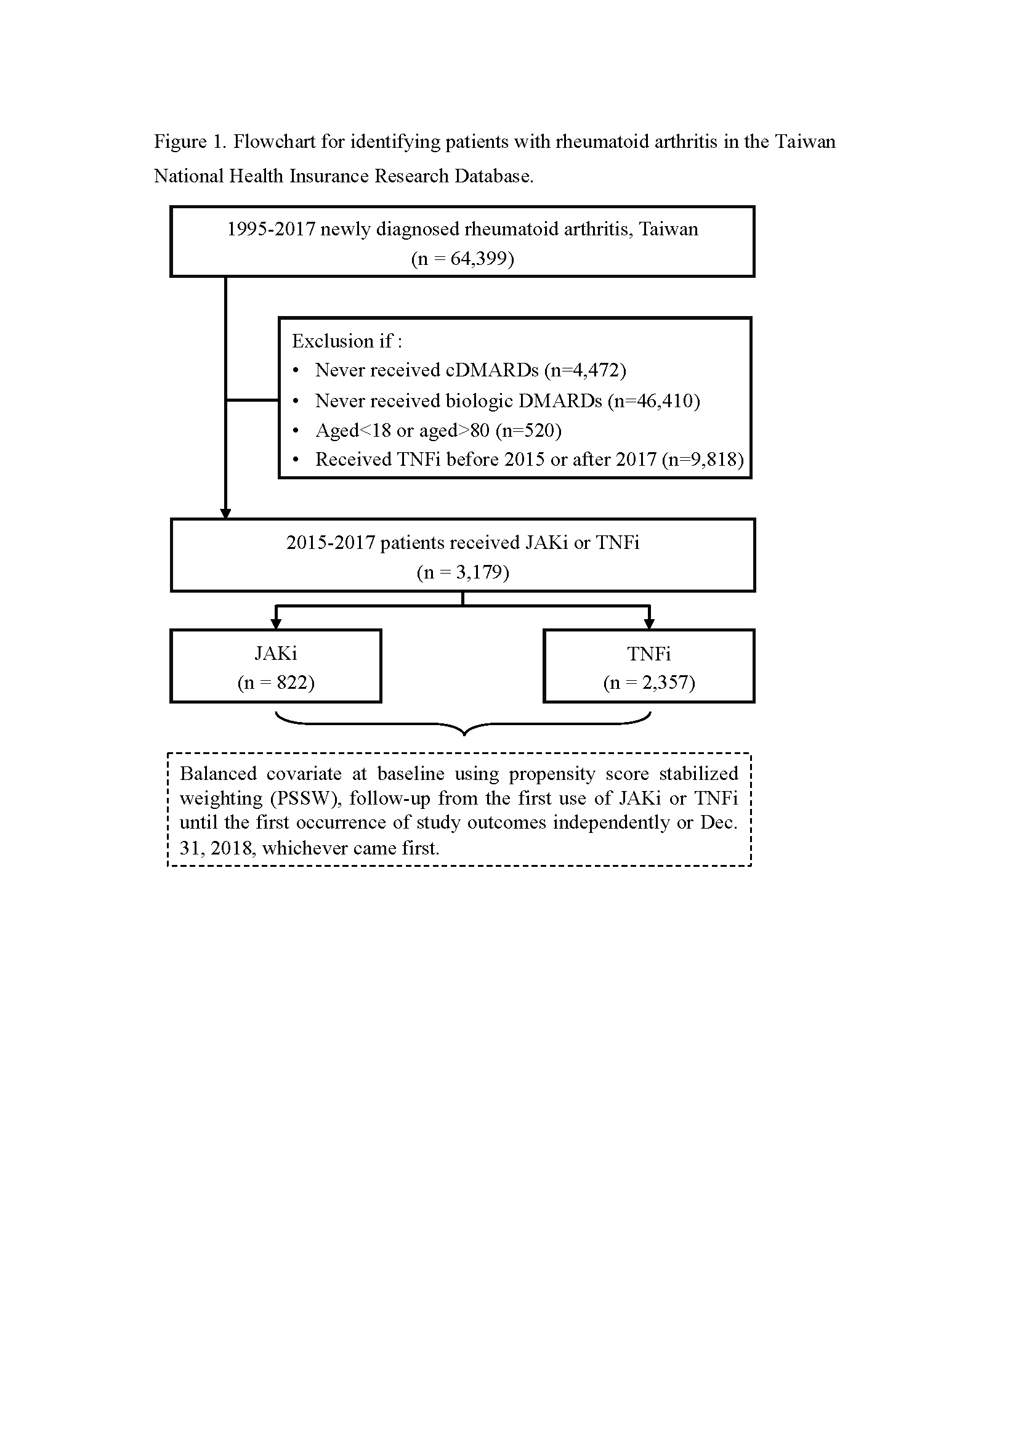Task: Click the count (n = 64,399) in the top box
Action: pyautogui.click(x=463, y=259)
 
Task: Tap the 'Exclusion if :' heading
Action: pyautogui.click(x=347, y=341)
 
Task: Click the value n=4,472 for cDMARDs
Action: pyautogui.click(x=585, y=370)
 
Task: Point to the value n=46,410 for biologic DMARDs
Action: pyautogui.click(x=653, y=400)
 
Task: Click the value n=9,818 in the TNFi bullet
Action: pyautogui.click(x=703, y=460)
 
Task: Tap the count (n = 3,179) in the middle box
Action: pyautogui.click(x=463, y=572)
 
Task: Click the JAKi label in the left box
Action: pyautogui.click(x=276, y=653)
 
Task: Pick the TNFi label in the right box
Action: pyautogui.click(x=649, y=654)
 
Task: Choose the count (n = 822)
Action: pyautogui.click(x=276, y=682)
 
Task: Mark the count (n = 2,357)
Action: pyautogui.click(x=649, y=682)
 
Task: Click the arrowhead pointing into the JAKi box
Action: pyautogui.click(x=276, y=624)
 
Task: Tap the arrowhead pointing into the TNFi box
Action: pyautogui.click(x=649, y=624)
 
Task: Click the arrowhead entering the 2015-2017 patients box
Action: pyautogui.click(x=226, y=514)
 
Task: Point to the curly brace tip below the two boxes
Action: pyautogui.click(x=464, y=734)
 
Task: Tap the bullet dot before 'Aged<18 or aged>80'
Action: pyautogui.click(x=296, y=431)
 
